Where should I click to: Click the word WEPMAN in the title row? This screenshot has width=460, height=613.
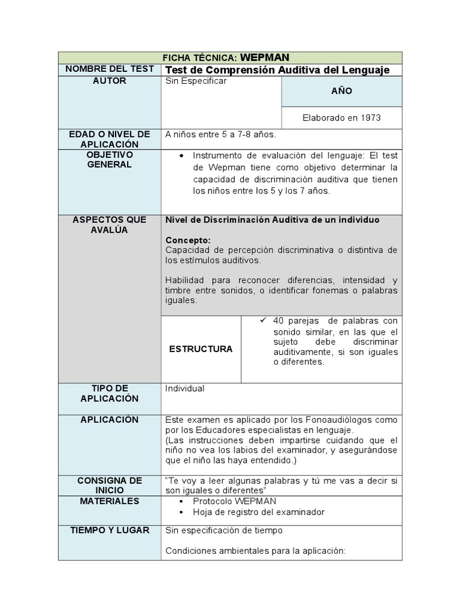(x=265, y=57)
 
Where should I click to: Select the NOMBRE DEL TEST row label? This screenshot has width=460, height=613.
(x=110, y=69)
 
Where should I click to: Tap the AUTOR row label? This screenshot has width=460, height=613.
(x=110, y=81)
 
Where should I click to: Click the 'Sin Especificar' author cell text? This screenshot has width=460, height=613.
(x=196, y=81)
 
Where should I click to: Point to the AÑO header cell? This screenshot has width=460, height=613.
(x=341, y=92)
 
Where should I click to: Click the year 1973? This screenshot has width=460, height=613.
(x=368, y=118)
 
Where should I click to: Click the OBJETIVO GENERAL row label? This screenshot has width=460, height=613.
(x=110, y=159)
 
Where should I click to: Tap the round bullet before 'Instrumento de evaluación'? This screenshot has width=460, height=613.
(x=182, y=155)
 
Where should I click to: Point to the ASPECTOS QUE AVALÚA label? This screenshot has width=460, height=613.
(x=110, y=224)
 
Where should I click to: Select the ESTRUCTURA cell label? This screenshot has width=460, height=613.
(x=201, y=349)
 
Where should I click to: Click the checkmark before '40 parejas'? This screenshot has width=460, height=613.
(x=262, y=320)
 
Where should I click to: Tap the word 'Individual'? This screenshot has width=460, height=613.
(x=184, y=389)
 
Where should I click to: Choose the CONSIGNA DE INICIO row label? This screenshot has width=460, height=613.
(x=110, y=485)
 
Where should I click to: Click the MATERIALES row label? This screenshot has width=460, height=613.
(x=110, y=501)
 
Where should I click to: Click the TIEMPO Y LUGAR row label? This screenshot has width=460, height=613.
(x=110, y=530)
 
